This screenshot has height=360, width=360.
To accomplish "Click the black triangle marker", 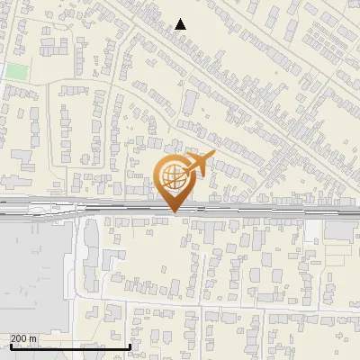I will coord(181,24).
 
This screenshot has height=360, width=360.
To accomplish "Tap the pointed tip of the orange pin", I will coord(175,211).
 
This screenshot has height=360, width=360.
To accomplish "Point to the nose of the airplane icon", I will coord(212,157).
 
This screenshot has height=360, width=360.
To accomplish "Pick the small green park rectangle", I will coord(16,71).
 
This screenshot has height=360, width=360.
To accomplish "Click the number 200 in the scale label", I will coord(20,338).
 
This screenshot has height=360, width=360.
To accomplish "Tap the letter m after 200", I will coord(33,338).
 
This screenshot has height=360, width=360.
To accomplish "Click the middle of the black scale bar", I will coord(70,346).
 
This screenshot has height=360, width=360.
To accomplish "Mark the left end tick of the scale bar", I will coord(10,345).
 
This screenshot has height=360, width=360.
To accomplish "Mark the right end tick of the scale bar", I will coord(131,345).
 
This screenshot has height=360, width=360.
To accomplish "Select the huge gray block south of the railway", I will coord(34,274).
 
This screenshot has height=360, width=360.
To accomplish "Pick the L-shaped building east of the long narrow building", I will coord(112,261).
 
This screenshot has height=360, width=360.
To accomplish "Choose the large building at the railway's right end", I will coord(342,230).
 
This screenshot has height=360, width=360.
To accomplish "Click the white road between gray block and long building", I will coord(79,270).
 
